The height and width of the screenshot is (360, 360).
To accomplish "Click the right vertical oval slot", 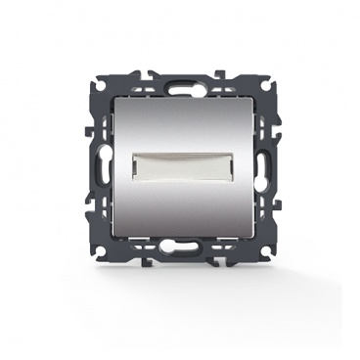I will pos(267,157).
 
